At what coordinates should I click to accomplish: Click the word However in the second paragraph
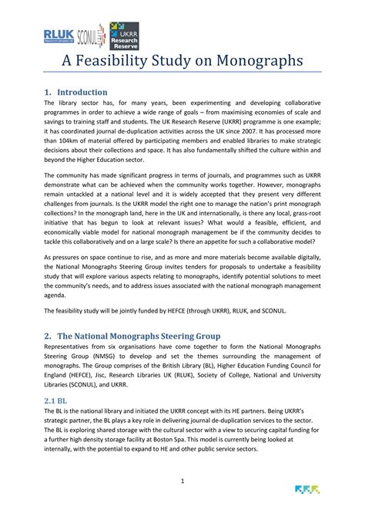[252, 187]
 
